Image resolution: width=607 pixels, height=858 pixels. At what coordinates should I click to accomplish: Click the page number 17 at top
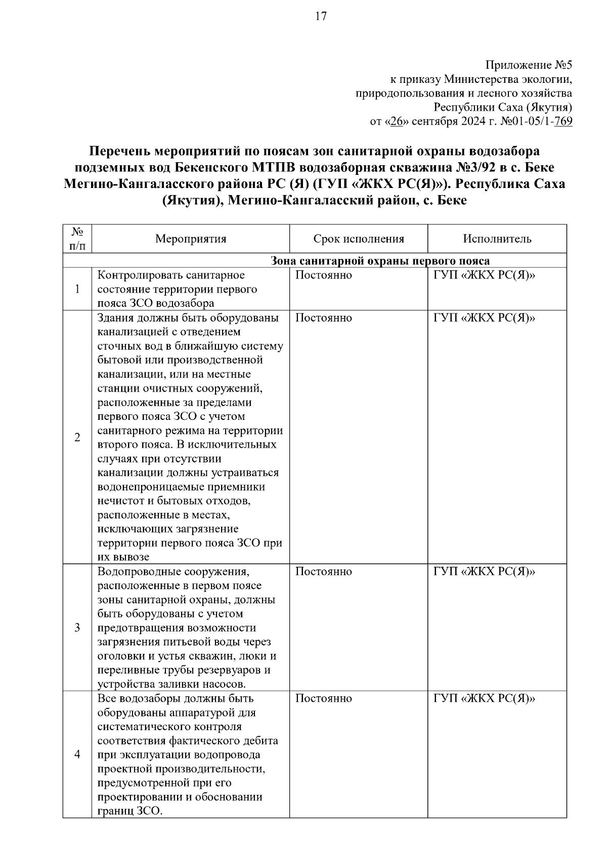[x=321, y=17]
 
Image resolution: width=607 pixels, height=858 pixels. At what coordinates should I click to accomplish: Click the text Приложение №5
[x=529, y=65]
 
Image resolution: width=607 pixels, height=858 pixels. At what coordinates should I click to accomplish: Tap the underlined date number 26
[x=396, y=122]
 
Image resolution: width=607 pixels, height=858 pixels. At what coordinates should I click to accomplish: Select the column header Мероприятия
[x=191, y=239]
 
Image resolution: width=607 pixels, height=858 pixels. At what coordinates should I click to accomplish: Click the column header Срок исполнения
[x=359, y=239]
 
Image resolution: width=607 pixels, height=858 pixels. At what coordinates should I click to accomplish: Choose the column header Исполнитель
[x=497, y=239]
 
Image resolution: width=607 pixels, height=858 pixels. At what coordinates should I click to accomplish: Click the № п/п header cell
[x=77, y=239]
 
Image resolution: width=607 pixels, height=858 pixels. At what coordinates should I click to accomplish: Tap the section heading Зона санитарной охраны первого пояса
[x=380, y=261]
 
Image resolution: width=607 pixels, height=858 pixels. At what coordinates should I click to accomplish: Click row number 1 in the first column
[x=77, y=290]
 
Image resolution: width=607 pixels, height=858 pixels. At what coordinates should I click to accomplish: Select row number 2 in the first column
[x=77, y=438]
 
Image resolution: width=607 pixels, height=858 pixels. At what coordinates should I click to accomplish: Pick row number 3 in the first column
[x=77, y=628]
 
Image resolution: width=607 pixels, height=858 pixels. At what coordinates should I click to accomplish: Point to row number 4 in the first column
[x=77, y=754]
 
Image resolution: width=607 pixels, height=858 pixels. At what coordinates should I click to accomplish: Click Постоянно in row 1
[x=323, y=275]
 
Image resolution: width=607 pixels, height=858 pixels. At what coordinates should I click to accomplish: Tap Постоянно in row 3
[x=323, y=571]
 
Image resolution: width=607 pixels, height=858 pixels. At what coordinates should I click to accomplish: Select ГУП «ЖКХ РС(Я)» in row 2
[x=484, y=318]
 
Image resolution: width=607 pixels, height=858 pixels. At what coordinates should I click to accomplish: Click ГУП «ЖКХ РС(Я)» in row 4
[x=484, y=698]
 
